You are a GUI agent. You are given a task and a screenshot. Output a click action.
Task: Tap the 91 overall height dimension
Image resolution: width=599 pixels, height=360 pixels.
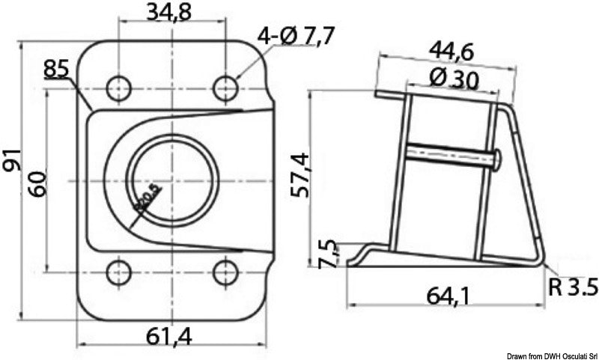tap(13, 159)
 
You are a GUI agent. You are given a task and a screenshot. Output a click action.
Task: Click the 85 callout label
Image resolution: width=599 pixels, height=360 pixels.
tap(56, 69)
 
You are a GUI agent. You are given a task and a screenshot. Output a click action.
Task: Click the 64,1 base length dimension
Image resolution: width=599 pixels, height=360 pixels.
tap(449, 296)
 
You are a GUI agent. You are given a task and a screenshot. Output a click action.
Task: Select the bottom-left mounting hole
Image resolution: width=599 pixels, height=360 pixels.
tap(118, 272)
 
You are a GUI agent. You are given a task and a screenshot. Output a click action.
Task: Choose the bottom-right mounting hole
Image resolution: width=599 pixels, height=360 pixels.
tap(225, 272)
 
